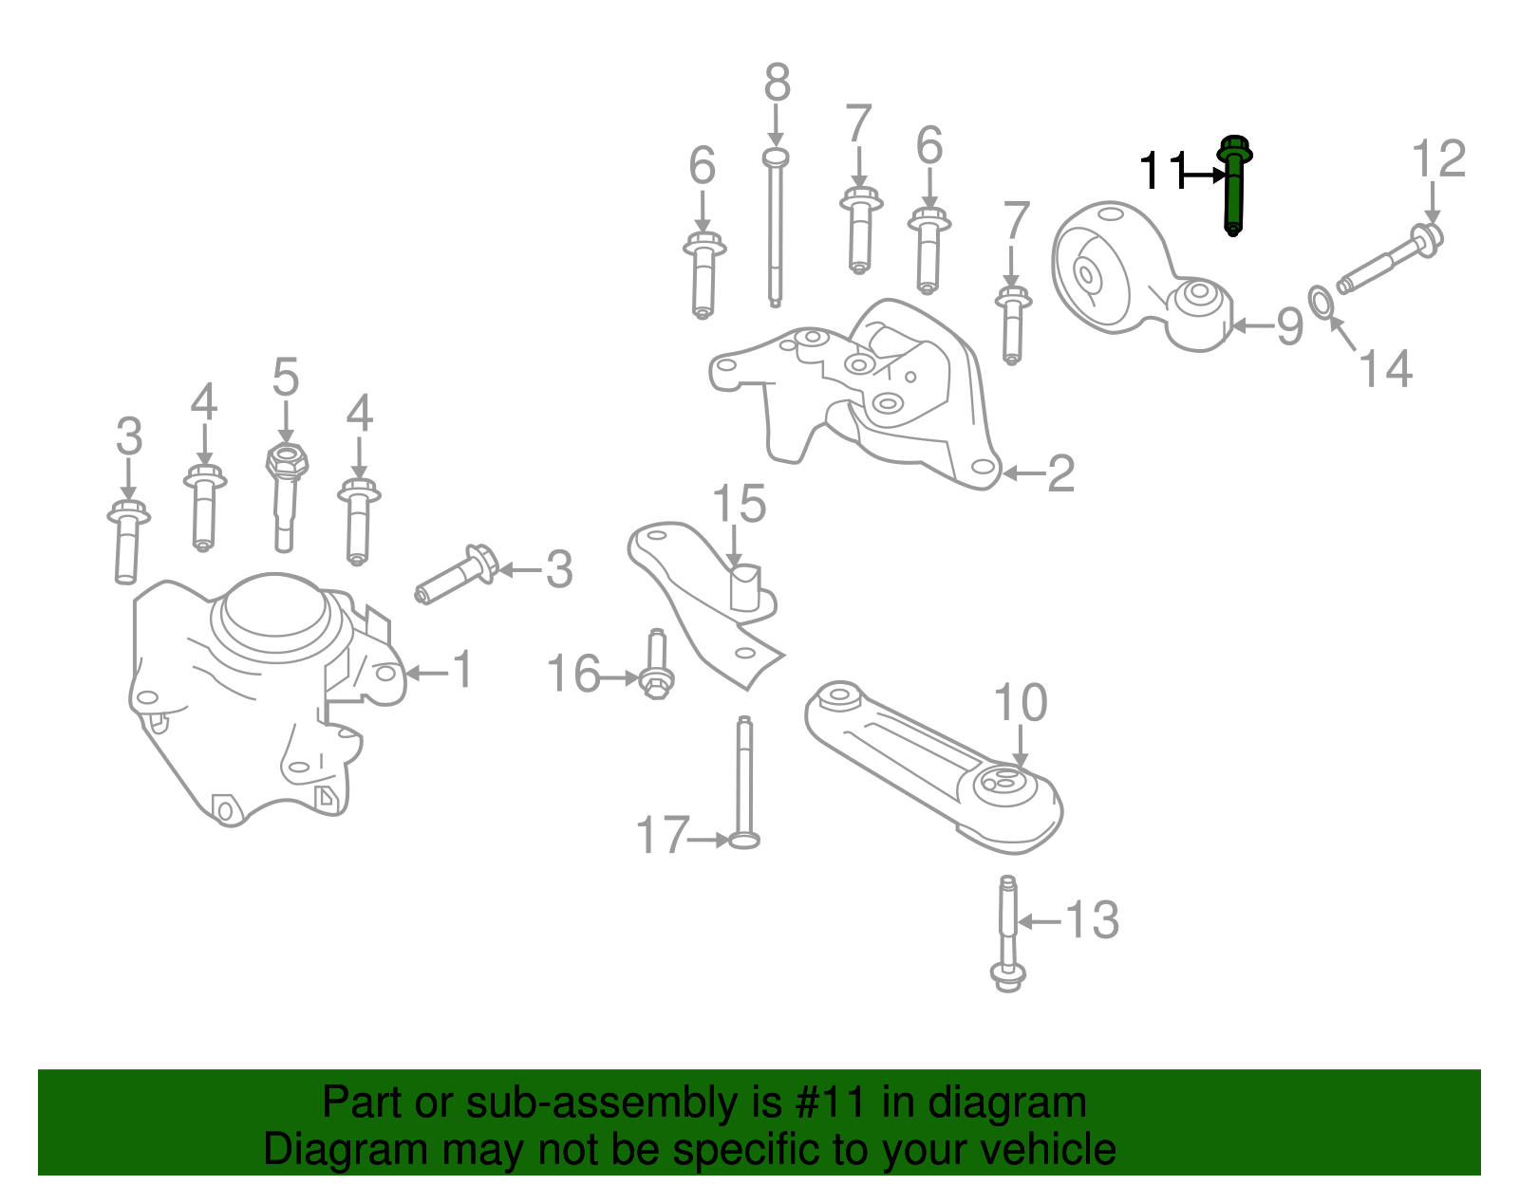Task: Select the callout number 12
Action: click(x=1438, y=159)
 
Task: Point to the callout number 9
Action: click(x=1288, y=326)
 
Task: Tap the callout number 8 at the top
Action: click(x=777, y=83)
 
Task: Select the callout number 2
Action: click(x=1060, y=473)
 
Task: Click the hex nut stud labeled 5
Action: click(x=285, y=493)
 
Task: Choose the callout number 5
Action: click(x=285, y=378)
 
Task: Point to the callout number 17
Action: click(x=662, y=837)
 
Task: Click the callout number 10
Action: click(x=1020, y=703)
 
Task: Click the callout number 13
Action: click(x=1092, y=920)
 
